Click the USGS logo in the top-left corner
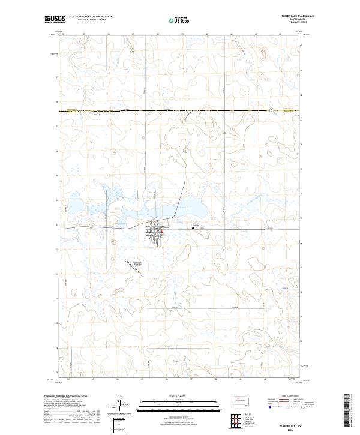pyautogui.click(x=52, y=19)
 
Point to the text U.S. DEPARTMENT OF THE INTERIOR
pyautogui.click(x=91, y=17)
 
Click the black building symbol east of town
pyautogui.click(x=193, y=228)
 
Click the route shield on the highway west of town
pyautogui.click(x=90, y=226)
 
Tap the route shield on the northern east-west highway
pyautogui.click(x=271, y=110)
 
